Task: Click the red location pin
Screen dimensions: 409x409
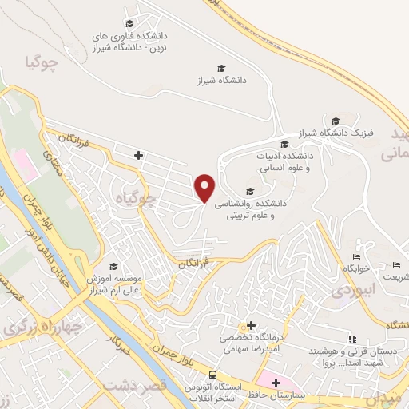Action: coord(205,188)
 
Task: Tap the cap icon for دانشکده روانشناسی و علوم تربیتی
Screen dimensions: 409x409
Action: coord(251,190)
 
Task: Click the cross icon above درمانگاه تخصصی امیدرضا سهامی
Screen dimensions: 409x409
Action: coord(252,326)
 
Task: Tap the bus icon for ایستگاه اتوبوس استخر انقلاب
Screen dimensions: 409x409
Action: coord(212,375)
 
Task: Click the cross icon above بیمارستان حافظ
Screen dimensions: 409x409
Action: coord(276,383)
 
